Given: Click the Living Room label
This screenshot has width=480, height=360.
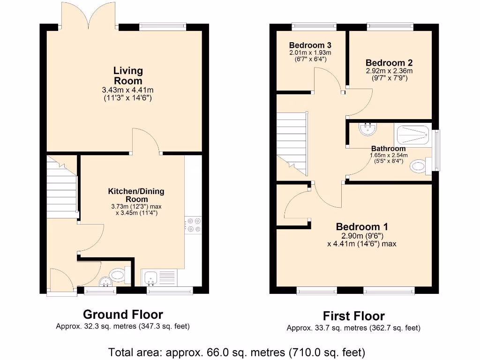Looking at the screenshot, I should (x=128, y=75).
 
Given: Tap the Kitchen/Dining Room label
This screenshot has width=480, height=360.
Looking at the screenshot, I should (x=136, y=195).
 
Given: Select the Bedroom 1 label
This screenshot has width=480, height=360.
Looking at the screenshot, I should (x=362, y=226).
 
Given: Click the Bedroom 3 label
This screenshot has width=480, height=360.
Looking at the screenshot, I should (x=310, y=45).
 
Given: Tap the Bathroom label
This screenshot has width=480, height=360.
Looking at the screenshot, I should (x=389, y=149).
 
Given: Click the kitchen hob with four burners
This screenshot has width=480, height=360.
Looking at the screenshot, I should (x=194, y=225).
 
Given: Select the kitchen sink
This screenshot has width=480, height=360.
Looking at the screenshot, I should (x=159, y=277).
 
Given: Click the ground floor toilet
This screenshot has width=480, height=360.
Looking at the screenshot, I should (x=120, y=275).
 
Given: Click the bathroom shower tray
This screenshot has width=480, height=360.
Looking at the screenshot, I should (x=413, y=135).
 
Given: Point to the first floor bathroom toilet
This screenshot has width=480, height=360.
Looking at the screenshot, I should (x=420, y=166).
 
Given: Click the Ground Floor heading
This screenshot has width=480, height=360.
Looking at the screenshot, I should (x=123, y=314).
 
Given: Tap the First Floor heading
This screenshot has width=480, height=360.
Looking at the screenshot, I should (x=353, y=316).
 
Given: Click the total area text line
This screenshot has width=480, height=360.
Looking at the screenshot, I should (x=237, y=352).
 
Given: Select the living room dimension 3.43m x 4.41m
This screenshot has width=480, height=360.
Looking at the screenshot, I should (x=128, y=90).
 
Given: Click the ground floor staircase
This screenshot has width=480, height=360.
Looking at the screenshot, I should (x=62, y=187).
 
